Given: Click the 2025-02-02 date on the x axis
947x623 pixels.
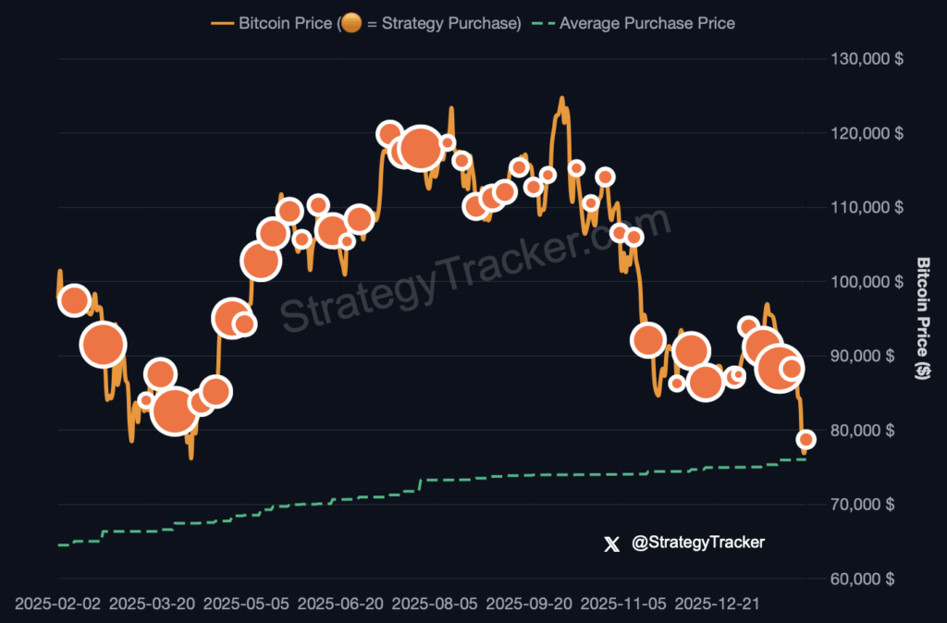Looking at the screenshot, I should point(57,604).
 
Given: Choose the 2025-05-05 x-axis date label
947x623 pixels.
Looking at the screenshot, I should point(246,604).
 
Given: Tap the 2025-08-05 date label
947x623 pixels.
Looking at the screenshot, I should point(435,604).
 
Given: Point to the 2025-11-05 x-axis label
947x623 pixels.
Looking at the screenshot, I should point(623,604).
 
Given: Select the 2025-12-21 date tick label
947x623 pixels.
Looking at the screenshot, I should point(718,604).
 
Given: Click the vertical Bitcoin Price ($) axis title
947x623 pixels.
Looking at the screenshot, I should point(922,319).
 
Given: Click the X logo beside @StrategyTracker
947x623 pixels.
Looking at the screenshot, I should point(610,544).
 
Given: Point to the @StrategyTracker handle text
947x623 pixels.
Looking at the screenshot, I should point(698,543).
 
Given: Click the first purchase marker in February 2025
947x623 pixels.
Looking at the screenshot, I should point(74,300).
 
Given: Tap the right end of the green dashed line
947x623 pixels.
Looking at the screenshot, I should point(805,459).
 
